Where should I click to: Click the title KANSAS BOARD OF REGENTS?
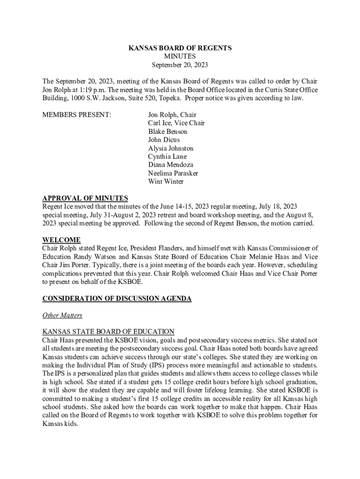(180, 48)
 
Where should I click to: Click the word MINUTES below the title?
(180, 56)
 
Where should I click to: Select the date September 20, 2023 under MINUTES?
(180, 65)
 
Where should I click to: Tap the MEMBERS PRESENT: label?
(77, 115)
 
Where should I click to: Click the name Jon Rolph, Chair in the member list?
(172, 115)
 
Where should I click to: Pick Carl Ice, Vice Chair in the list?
(176, 123)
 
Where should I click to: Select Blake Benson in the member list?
(168, 131)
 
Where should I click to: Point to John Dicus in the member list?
(164, 140)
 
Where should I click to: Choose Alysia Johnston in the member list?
(171, 148)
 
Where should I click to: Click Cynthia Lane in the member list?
(167, 157)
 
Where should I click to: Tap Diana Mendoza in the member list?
(171, 165)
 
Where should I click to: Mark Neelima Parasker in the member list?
(173, 173)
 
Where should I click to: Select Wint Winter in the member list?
(166, 181)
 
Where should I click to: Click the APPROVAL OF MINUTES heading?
(85, 198)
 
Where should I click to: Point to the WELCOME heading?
(61, 240)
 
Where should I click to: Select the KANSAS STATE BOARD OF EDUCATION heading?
(108, 332)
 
